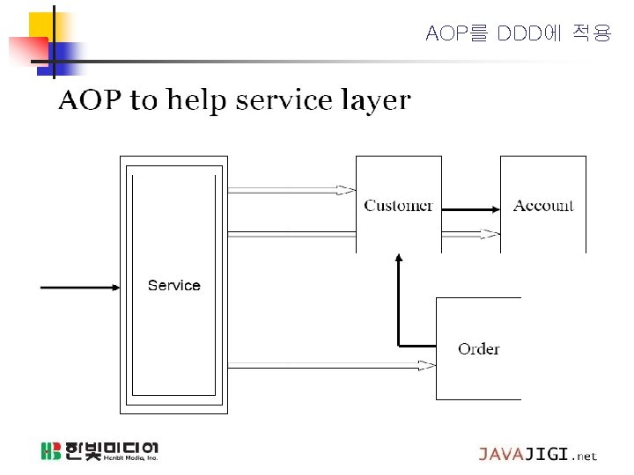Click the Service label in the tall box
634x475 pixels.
(x=173, y=285)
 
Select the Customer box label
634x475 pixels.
(x=398, y=206)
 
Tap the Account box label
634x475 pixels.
(x=543, y=206)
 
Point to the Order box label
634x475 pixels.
(x=478, y=349)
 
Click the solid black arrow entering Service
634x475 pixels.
(x=80, y=287)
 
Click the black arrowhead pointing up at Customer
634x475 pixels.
(x=399, y=259)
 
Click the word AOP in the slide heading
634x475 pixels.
(x=90, y=100)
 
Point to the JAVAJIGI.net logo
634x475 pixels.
(x=537, y=454)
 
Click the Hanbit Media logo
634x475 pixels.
(x=100, y=451)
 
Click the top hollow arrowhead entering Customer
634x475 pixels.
(x=346, y=189)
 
